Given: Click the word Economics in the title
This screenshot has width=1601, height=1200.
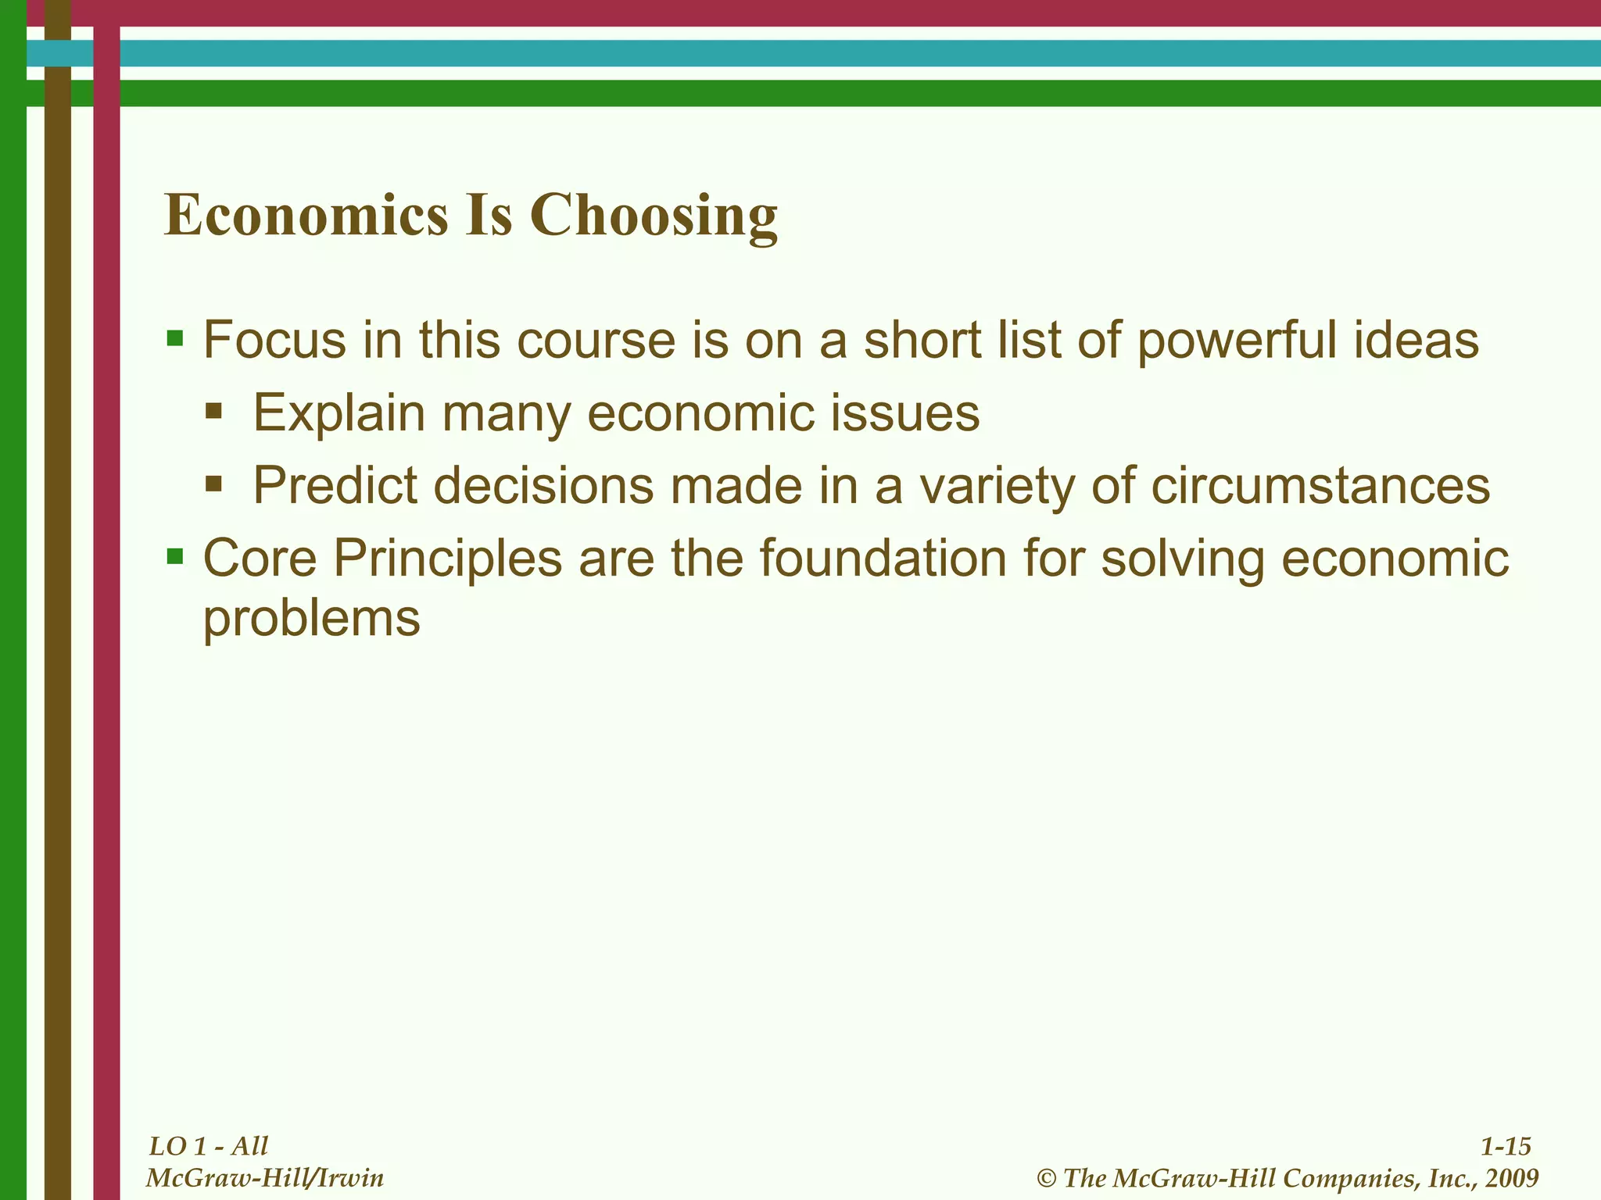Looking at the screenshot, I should coord(306,216).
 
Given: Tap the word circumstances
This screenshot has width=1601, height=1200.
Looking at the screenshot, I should coord(1320,485).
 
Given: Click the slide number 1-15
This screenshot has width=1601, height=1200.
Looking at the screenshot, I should coord(1506,1146).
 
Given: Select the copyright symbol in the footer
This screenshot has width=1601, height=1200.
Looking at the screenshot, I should coord(1047,1178).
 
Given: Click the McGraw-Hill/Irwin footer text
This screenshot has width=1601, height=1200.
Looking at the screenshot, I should coord(265,1177).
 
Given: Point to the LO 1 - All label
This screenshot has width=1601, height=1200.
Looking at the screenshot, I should coord(209,1146).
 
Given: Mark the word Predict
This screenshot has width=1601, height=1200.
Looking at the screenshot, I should coord(335,485).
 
